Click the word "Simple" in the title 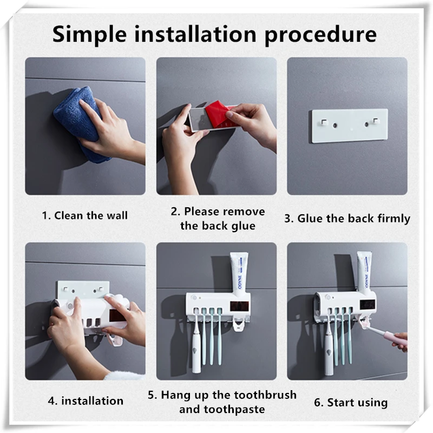click(x=89, y=35)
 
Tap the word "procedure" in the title click(x=320, y=35)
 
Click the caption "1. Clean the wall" click(x=85, y=215)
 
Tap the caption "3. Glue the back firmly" click(x=347, y=219)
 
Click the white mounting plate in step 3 click(x=350, y=126)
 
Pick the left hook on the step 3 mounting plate click(x=324, y=122)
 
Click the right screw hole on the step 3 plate click(x=366, y=125)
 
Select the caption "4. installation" click(x=86, y=401)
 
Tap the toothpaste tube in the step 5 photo click(x=239, y=274)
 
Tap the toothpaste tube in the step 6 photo click(x=364, y=272)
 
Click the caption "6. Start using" click(x=351, y=403)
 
